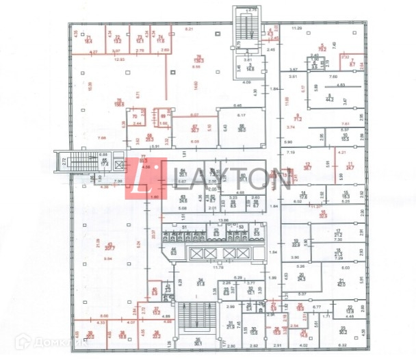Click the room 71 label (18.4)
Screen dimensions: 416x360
(x=88, y=39)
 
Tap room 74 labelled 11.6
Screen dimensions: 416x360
(x=161, y=39)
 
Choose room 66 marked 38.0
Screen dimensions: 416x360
(x=242, y=129)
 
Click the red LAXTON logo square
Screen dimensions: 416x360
(x=146, y=180)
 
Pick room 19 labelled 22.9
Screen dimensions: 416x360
(x=296, y=243)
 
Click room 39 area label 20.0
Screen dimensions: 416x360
(x=90, y=336)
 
